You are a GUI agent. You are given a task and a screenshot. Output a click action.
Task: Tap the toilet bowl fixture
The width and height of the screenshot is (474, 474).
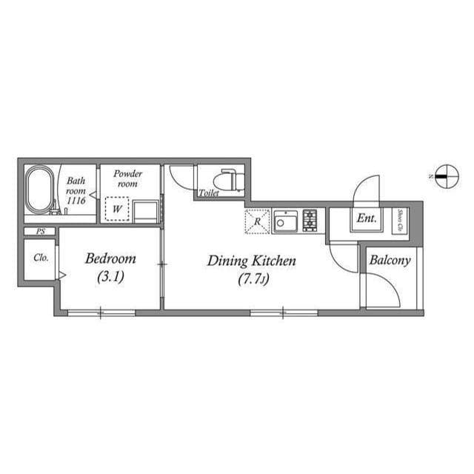(228, 179)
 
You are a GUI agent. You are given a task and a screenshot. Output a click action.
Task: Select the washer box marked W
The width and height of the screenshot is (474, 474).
(116, 209)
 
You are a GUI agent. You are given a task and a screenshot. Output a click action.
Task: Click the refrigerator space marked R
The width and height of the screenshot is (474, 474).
(257, 221)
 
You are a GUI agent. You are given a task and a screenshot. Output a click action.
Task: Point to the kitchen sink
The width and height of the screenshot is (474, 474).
(284, 221)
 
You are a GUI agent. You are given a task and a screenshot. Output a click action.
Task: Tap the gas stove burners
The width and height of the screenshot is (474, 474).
(310, 220)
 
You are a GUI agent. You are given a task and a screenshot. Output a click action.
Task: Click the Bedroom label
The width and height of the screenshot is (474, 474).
(110, 259)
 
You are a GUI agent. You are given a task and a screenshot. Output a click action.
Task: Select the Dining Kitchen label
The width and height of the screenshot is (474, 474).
(251, 261)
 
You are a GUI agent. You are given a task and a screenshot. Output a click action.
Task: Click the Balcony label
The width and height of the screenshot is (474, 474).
(390, 261)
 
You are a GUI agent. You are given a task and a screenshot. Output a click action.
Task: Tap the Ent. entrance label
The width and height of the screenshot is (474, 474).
(366, 218)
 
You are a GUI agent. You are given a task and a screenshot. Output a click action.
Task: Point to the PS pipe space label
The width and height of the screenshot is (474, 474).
(40, 232)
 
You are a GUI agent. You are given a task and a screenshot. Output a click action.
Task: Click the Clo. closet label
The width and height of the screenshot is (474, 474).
(40, 258)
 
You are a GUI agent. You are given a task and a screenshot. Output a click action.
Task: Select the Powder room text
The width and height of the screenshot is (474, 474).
(128, 178)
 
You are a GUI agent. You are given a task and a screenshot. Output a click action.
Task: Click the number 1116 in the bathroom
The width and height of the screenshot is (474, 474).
(76, 201)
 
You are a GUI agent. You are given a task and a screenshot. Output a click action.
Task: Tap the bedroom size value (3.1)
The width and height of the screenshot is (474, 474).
(110, 278)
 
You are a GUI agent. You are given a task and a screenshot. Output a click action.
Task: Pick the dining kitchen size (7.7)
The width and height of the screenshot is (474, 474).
(252, 279)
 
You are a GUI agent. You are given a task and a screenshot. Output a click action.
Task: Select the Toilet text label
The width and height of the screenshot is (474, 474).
(209, 193)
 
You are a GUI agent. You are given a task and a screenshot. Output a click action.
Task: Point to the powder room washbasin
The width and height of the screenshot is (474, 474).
(146, 211)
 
